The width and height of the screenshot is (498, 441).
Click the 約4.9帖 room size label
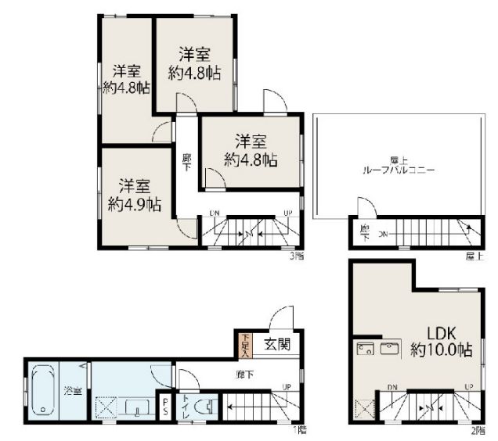[x=135, y=205]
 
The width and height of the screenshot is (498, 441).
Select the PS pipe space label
[x=166, y=407]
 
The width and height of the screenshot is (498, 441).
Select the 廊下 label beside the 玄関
[x=244, y=375]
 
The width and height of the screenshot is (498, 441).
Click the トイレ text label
[x=184, y=407]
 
